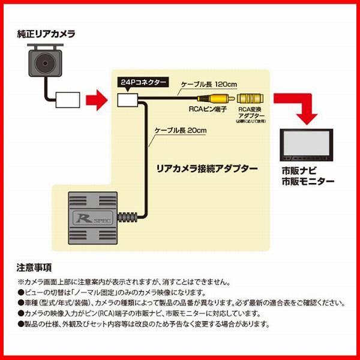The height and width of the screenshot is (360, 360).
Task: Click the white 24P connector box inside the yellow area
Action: click(129, 100)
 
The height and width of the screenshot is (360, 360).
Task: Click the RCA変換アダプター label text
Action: click(251, 115)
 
